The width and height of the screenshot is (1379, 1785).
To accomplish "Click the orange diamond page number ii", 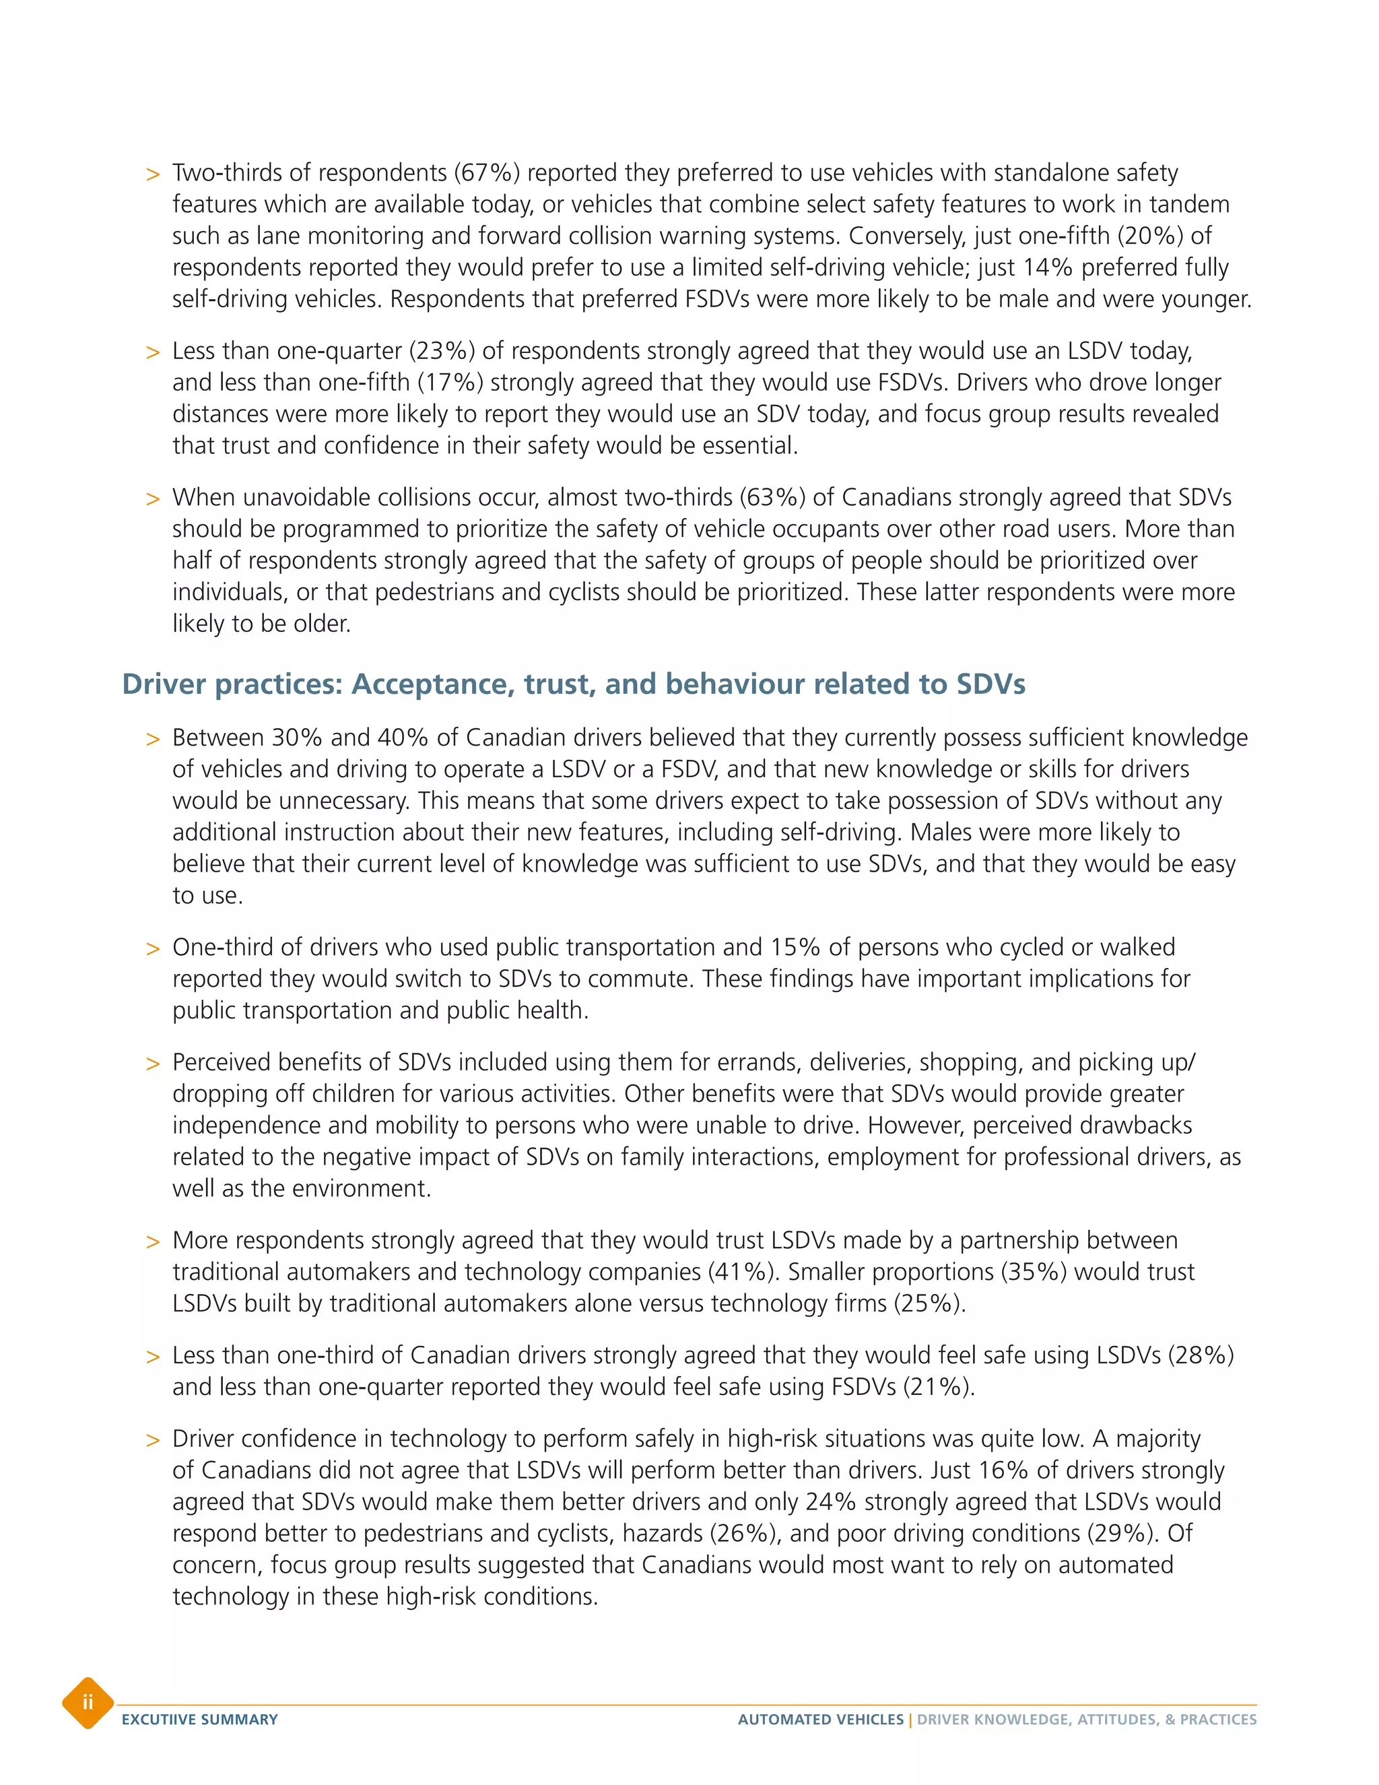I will click(x=88, y=1702).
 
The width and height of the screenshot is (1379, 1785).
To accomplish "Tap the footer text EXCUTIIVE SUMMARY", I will click(x=199, y=1720).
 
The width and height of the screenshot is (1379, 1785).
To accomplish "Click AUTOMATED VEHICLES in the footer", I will click(x=820, y=1720).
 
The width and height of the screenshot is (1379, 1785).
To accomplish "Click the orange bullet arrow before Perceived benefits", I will click(x=153, y=1064).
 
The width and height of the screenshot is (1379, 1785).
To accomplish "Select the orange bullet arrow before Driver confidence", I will click(x=153, y=1441).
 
